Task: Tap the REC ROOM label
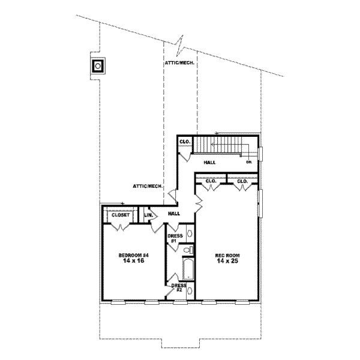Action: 227,256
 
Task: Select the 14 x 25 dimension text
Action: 227,262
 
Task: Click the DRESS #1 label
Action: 175,238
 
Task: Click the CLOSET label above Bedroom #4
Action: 121,214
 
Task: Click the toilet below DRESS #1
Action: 188,249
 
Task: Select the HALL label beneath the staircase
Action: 209,162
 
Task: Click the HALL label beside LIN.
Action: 174,214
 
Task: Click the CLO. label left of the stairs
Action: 185,142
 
